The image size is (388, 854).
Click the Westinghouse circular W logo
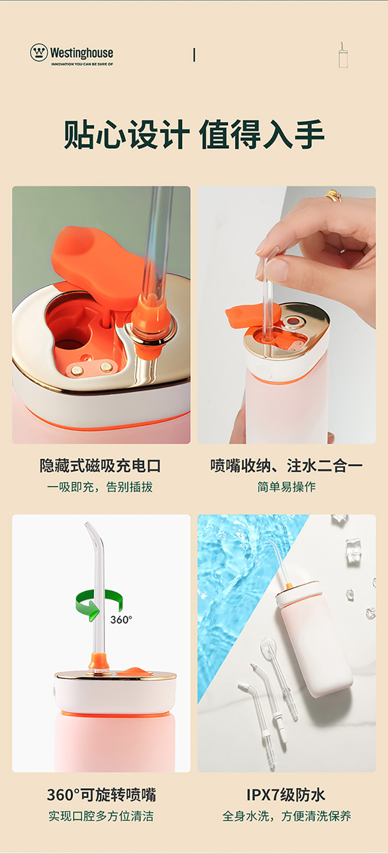pyautogui.click(x=39, y=53)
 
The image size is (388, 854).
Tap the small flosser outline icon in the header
pyautogui.click(x=343, y=55)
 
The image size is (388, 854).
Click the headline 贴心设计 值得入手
pyautogui.click(x=194, y=134)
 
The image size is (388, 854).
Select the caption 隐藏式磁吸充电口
pyautogui.click(x=101, y=466)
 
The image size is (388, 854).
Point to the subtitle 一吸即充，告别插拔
pyautogui.click(x=100, y=487)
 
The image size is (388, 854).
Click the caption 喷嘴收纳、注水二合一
pyautogui.click(x=286, y=466)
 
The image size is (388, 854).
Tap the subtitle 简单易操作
pyautogui.click(x=286, y=487)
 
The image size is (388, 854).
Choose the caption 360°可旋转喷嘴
pyautogui.click(x=101, y=794)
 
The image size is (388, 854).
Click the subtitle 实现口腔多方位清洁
pyautogui.click(x=101, y=816)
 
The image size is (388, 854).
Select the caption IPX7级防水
pyautogui.click(x=286, y=795)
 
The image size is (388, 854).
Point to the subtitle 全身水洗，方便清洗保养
pyautogui.click(x=286, y=816)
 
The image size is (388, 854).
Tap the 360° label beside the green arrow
pyautogui.click(x=121, y=620)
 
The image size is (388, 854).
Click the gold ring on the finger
pyautogui.click(x=333, y=195)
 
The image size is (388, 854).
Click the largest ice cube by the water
pyautogui.click(x=354, y=550)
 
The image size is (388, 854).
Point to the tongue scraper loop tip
pyautogui.click(x=268, y=645)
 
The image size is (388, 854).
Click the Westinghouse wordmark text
pyautogui.click(x=82, y=53)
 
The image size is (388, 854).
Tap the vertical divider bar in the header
pyautogui.click(x=194, y=55)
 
